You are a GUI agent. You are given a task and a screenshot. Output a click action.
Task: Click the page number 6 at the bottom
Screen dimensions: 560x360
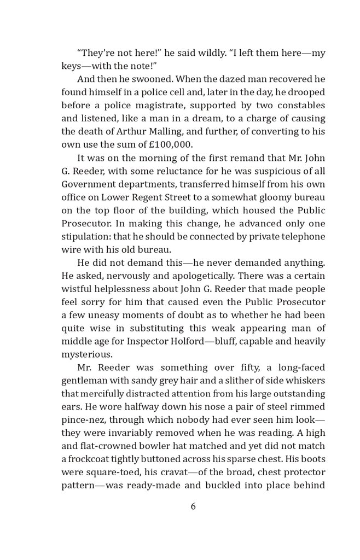193,506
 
